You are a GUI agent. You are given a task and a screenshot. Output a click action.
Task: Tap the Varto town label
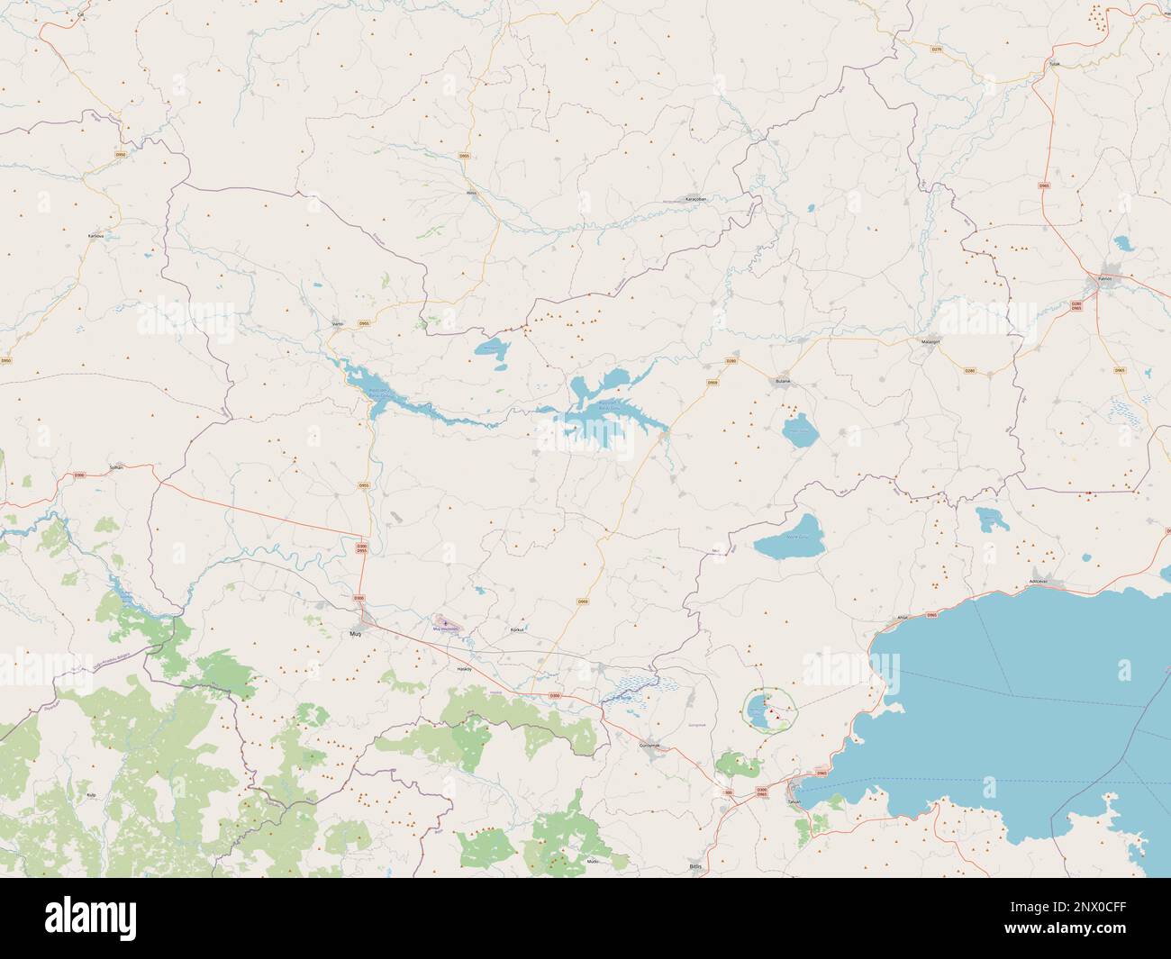pos(339,323)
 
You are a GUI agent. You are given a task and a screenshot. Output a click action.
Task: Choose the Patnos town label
pos(1106,279)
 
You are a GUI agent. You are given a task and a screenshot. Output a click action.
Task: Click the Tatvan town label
pos(794,801)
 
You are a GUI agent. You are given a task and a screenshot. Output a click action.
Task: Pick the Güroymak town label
pos(649,746)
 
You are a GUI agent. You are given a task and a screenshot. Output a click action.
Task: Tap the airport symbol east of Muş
pos(446,622)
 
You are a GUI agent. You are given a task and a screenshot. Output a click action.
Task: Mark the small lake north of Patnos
pos(1123,243)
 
